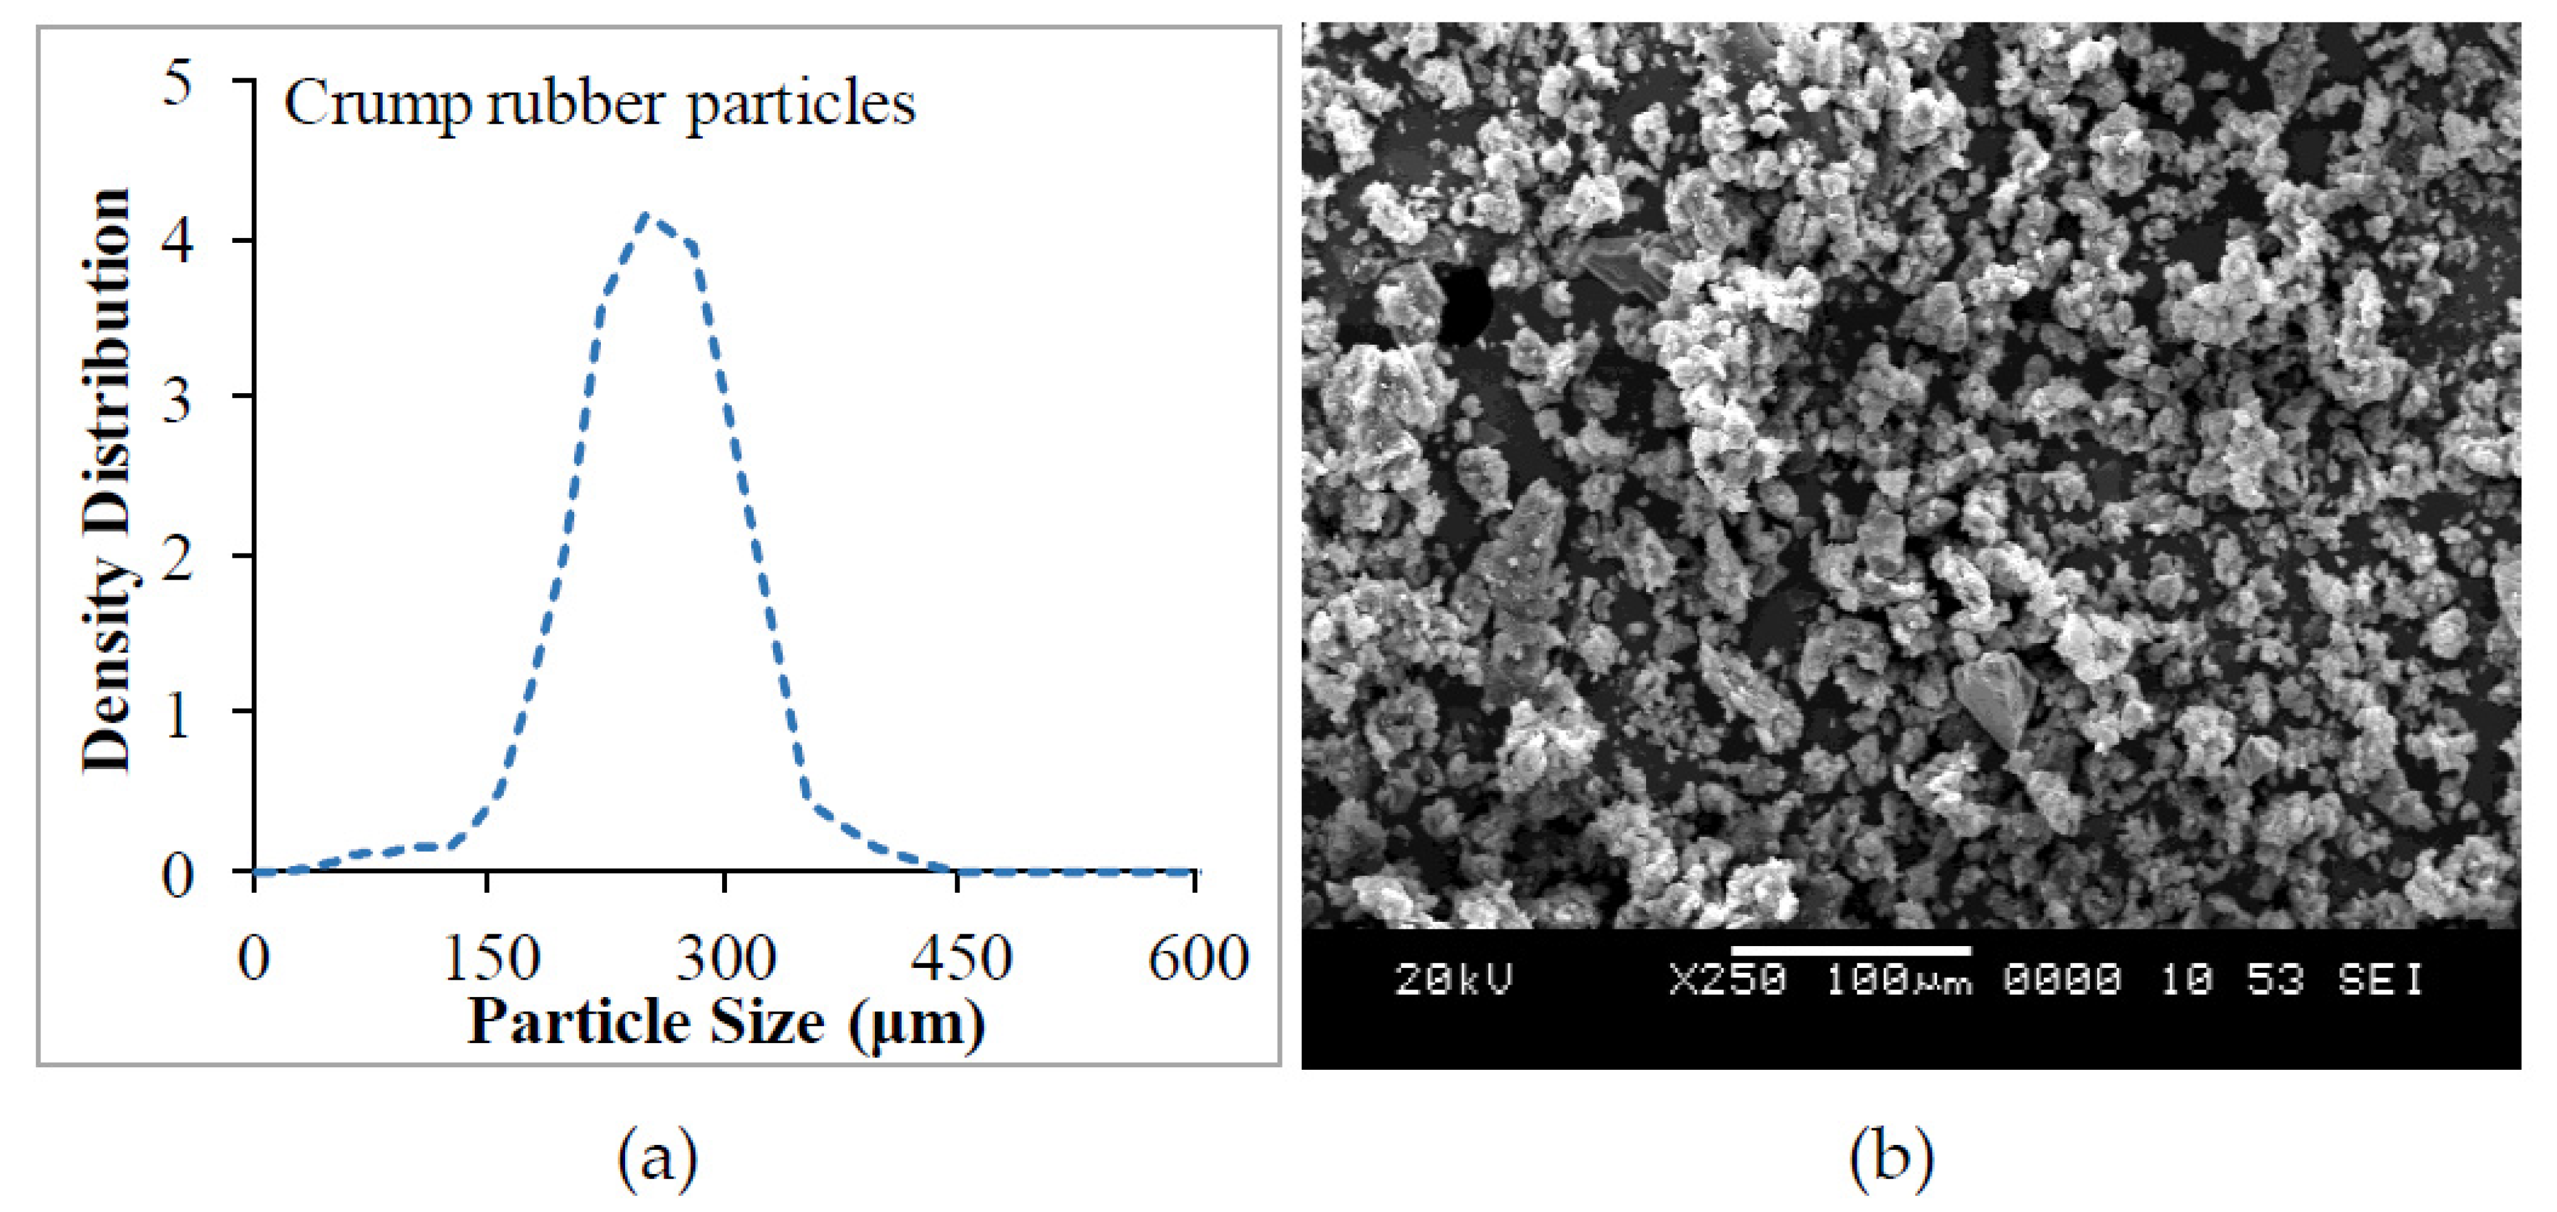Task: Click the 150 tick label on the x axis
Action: tap(490, 959)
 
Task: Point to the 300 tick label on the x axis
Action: tap(726, 959)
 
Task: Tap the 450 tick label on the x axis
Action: tap(961, 959)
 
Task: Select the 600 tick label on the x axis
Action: tap(1197, 959)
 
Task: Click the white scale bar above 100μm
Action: tap(1850, 950)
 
